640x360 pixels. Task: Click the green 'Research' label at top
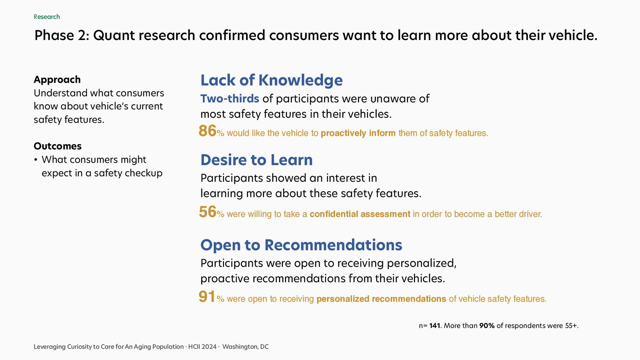[47, 17]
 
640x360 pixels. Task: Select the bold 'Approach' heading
[57, 80]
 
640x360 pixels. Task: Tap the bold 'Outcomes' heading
[58, 146]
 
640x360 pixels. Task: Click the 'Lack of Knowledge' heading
[271, 80]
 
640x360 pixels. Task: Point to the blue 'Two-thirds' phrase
[230, 99]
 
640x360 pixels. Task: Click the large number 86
[207, 131]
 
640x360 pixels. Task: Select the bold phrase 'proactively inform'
[358, 133]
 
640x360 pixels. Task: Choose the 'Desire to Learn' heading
[256, 160]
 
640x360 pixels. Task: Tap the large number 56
[208, 212]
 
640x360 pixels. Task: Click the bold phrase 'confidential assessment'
[360, 214]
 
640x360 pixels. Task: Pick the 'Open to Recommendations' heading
[301, 245]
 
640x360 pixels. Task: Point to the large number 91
[207, 297]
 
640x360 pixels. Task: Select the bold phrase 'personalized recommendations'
[381, 299]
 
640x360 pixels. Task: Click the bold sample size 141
[435, 326]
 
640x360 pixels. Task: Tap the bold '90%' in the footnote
[487, 326]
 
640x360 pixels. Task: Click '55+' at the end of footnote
[571, 326]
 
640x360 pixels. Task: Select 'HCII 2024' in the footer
[202, 347]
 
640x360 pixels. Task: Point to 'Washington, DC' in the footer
[245, 347]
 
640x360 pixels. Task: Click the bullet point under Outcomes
[35, 160]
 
